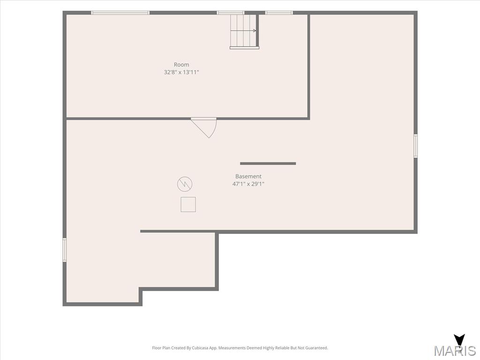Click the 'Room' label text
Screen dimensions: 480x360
[181, 65]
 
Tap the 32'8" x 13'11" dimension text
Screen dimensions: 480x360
[181, 72]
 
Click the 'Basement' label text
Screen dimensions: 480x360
[248, 176]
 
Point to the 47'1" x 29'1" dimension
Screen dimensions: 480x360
[248, 184]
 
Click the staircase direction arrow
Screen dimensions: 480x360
[243, 30]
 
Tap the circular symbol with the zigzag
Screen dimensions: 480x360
[185, 184]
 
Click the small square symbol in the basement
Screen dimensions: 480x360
[188, 204]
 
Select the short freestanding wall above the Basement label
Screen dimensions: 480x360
[268, 164]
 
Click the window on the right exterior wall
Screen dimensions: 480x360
[415, 146]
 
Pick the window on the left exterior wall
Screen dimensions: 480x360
[65, 250]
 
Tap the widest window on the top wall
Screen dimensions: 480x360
[120, 13]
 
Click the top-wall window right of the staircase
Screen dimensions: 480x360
[279, 13]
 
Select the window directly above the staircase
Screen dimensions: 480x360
[231, 13]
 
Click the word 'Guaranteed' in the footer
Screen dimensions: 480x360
[318, 348]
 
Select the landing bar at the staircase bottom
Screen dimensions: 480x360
[244, 48]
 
